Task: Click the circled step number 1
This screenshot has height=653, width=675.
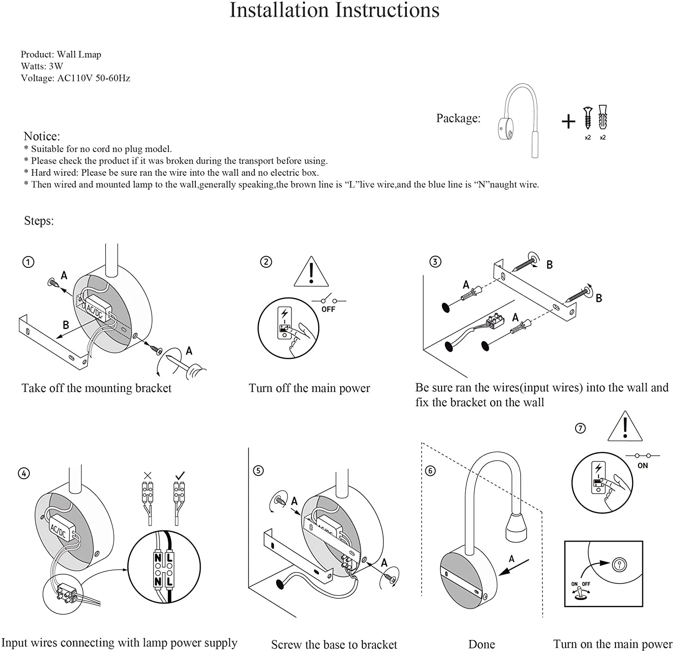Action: tap(28, 262)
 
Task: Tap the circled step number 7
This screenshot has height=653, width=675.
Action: tap(580, 428)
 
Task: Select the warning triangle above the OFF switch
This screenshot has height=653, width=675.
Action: tap(311, 272)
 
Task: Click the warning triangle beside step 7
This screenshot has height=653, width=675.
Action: tap(625, 427)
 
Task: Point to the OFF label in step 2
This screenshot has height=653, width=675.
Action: tap(328, 309)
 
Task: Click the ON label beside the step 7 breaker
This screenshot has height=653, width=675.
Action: tap(642, 466)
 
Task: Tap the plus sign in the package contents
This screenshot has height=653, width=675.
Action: tap(568, 121)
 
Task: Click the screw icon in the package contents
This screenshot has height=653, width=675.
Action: tap(587, 118)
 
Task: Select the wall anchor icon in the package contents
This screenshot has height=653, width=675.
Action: tap(603, 118)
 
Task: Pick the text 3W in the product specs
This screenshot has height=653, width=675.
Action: tap(56, 66)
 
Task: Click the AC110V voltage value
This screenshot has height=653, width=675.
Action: tap(75, 78)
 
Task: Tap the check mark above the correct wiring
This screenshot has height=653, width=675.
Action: tap(180, 475)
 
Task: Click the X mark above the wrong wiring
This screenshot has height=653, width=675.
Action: tap(148, 475)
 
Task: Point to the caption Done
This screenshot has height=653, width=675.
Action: tap(481, 644)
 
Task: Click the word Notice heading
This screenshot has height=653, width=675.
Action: tap(41, 136)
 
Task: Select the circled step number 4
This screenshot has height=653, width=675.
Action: tap(24, 473)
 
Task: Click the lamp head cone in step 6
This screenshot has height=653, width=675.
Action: tap(516, 527)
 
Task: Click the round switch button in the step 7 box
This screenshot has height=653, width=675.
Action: tap(619, 564)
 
